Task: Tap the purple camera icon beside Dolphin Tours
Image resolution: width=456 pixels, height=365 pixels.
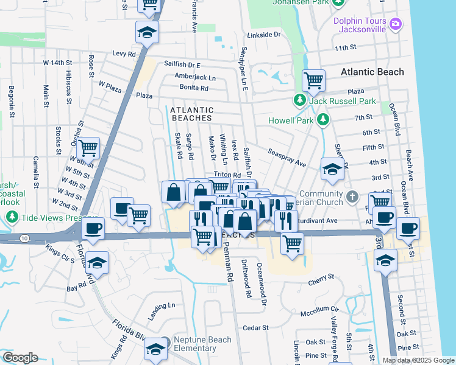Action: (396, 24)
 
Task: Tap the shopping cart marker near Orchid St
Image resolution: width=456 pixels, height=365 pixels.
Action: (88, 147)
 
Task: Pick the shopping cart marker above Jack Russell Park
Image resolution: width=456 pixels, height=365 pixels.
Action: (313, 79)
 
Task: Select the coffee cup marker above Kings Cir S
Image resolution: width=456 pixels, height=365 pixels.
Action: (93, 228)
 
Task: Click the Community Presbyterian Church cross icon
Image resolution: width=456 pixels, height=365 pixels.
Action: (352, 196)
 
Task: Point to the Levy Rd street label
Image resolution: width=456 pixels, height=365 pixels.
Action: (123, 54)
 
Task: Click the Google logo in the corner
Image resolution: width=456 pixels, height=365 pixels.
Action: (20, 358)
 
